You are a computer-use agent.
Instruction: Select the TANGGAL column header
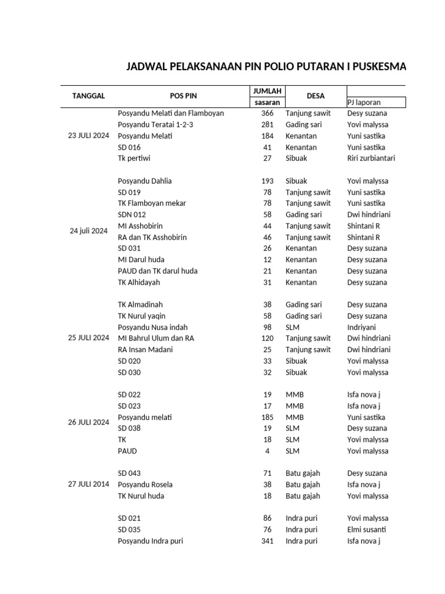88,96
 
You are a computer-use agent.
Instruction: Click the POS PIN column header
183,96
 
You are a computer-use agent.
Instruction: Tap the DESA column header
316,96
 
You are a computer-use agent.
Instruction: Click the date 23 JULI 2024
88,136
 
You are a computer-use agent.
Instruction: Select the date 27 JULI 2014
88,484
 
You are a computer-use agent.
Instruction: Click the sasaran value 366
267,113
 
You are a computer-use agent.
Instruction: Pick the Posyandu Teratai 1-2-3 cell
155,125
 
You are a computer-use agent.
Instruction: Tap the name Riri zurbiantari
371,158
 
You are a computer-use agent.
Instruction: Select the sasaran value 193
267,181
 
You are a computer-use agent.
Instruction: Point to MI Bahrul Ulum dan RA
156,338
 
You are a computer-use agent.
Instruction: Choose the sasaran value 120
267,338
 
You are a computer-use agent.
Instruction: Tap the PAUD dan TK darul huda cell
158,271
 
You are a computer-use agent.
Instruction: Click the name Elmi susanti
366,530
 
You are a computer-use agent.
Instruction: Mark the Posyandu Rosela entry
145,484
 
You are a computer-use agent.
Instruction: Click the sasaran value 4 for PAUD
269,451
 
